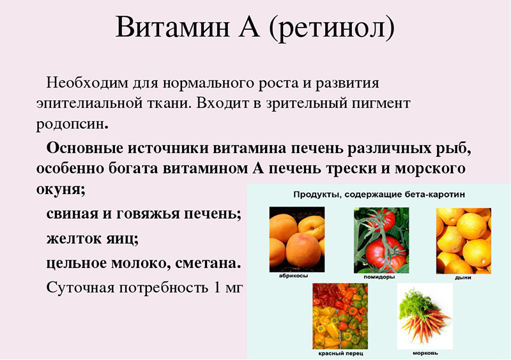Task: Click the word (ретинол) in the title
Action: tap(332, 29)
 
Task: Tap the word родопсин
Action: tap(71, 121)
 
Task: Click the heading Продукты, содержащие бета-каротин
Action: tap(379, 194)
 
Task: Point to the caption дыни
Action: tap(462, 278)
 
